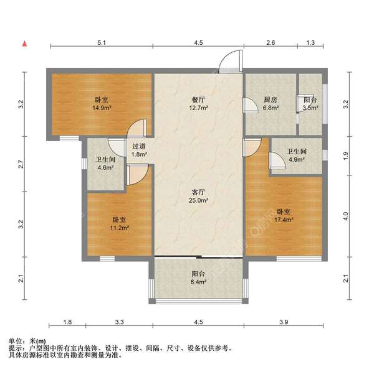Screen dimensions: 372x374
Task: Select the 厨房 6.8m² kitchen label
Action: pyautogui.click(x=270, y=103)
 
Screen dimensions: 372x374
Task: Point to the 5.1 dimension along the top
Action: pyautogui.click(x=102, y=42)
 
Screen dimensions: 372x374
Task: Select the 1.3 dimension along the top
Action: pyautogui.click(x=310, y=42)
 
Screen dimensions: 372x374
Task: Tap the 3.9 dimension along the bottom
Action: pyautogui.click(x=284, y=322)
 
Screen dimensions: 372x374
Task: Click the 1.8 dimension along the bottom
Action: pyautogui.click(x=68, y=322)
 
